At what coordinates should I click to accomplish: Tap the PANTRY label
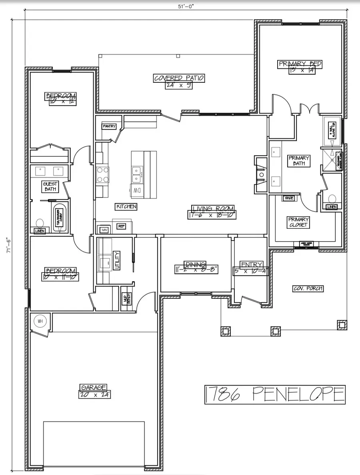[109, 126]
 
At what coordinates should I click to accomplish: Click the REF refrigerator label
[121, 226]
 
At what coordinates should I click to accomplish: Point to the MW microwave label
[104, 230]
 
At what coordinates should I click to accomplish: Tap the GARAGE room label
[94, 387]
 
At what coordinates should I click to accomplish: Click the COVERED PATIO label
[179, 78]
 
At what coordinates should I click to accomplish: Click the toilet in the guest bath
[40, 223]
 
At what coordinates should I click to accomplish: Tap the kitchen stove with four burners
[102, 174]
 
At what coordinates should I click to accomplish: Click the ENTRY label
[251, 265]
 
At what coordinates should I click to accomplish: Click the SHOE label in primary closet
[288, 198]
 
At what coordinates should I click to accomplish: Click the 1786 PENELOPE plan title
[274, 395]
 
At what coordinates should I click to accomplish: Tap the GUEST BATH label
[50, 186]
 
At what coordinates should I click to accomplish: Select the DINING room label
[195, 264]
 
